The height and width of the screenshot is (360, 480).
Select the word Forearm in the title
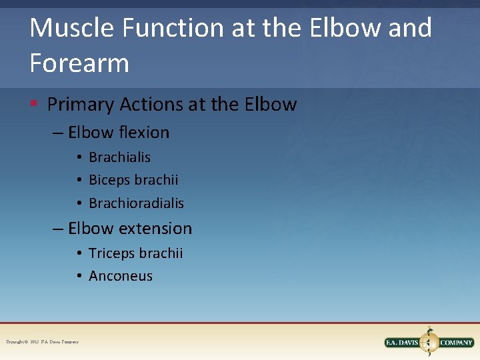[79, 63]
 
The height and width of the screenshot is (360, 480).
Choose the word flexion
[144, 133]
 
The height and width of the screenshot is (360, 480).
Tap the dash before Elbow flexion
[59, 133]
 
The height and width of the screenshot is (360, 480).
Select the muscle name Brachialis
[119, 157]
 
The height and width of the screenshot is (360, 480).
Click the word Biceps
[109, 181]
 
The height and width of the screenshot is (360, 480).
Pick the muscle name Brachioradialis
[136, 203]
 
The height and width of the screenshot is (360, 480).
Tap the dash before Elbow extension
[59, 229]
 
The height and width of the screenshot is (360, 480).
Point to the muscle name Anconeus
[121, 276]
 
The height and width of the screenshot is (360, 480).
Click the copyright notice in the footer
[42, 342]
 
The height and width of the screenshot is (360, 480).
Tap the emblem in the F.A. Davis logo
[429, 341]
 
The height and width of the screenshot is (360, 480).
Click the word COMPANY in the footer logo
[457, 343]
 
